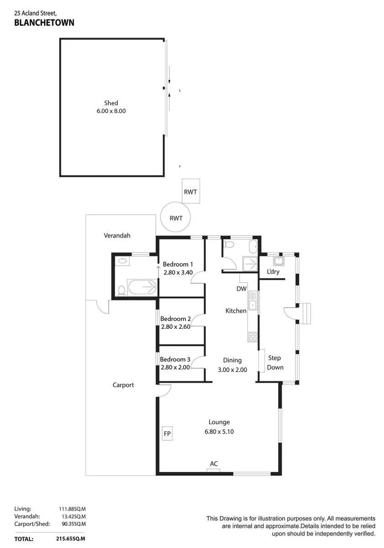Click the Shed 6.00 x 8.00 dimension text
click(111, 111)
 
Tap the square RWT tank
click(191, 191)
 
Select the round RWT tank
click(175, 217)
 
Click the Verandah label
click(117, 236)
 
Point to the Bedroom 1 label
click(178, 264)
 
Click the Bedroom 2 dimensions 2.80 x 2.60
click(176, 327)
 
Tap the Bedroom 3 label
click(175, 359)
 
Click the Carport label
click(123, 385)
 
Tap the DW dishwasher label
click(242, 289)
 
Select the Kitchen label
click(236, 311)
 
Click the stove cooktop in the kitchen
click(253, 337)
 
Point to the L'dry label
click(273, 272)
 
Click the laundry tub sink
click(279, 261)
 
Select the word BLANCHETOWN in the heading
click(44, 22)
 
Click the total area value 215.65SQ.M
click(70, 539)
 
